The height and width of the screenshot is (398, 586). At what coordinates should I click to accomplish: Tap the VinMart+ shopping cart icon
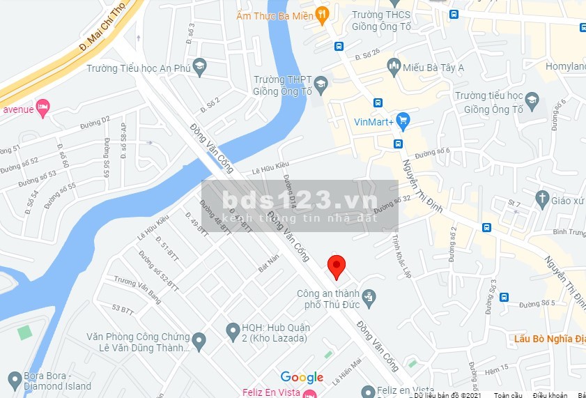[403, 121]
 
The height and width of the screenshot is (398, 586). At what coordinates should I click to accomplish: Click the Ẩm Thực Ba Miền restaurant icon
[321, 13]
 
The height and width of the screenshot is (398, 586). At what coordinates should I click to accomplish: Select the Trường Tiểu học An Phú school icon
[199, 68]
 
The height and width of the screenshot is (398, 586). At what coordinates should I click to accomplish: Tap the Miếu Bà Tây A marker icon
[393, 68]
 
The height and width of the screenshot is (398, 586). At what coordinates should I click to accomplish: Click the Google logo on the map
[302, 377]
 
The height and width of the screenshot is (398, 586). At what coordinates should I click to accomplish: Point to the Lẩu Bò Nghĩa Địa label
[548, 339]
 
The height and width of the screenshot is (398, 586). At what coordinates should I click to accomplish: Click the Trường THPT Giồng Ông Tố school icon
[321, 85]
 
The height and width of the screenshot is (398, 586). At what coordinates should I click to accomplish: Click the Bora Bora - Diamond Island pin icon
[14, 380]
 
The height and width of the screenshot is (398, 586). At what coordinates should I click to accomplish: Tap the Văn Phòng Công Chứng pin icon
[199, 342]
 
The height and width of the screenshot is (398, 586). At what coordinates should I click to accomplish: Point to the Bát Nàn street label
[268, 263]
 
